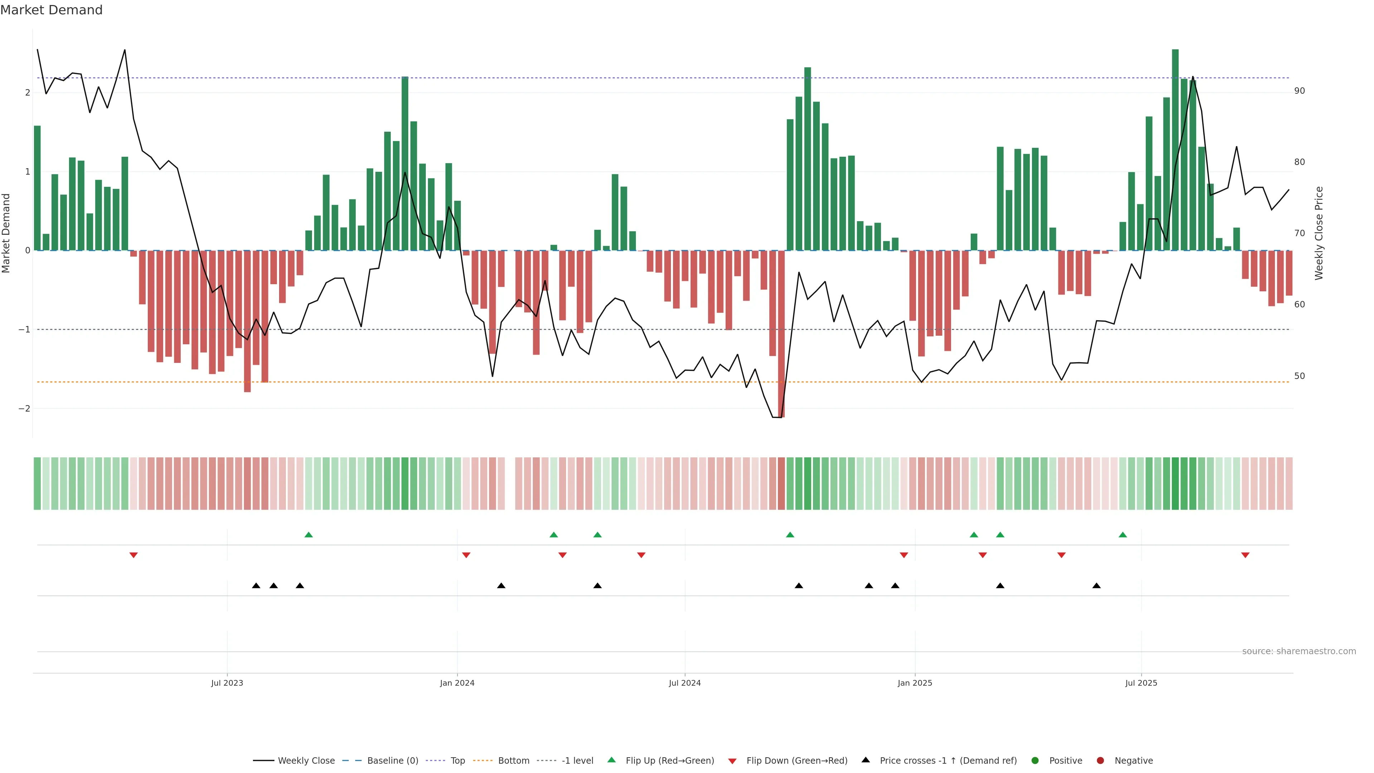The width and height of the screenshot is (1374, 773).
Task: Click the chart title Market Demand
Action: (x=51, y=10)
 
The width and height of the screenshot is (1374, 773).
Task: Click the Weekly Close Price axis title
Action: (x=1319, y=233)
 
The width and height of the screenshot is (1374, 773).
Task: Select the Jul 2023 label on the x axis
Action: (x=227, y=683)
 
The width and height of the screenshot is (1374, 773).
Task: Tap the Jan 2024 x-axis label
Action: (x=457, y=683)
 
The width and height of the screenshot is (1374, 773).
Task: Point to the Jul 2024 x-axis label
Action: (x=685, y=683)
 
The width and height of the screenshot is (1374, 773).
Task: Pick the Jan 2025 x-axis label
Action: (x=915, y=683)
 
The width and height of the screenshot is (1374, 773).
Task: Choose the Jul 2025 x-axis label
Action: (x=1141, y=683)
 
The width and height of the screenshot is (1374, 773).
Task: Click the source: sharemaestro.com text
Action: (x=1299, y=651)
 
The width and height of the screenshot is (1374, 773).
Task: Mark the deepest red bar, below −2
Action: (x=781, y=334)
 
